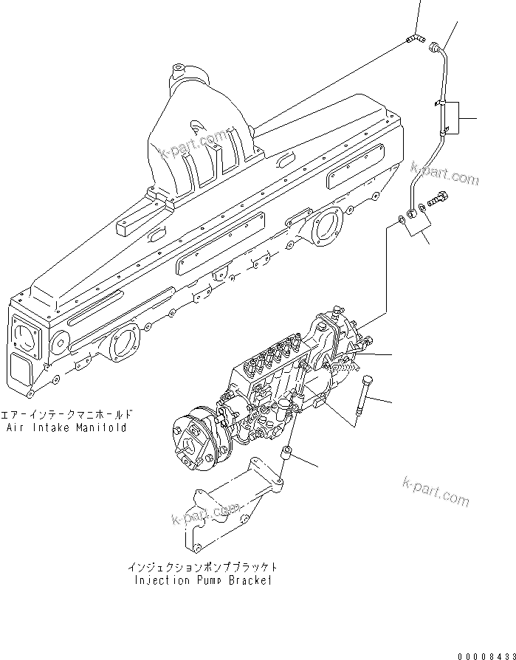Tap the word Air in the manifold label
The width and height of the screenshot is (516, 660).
pos(16,427)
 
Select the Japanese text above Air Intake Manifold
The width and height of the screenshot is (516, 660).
pos(67,415)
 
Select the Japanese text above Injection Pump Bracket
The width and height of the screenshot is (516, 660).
pos(202,567)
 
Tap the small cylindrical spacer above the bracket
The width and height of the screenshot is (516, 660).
pos(289,452)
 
